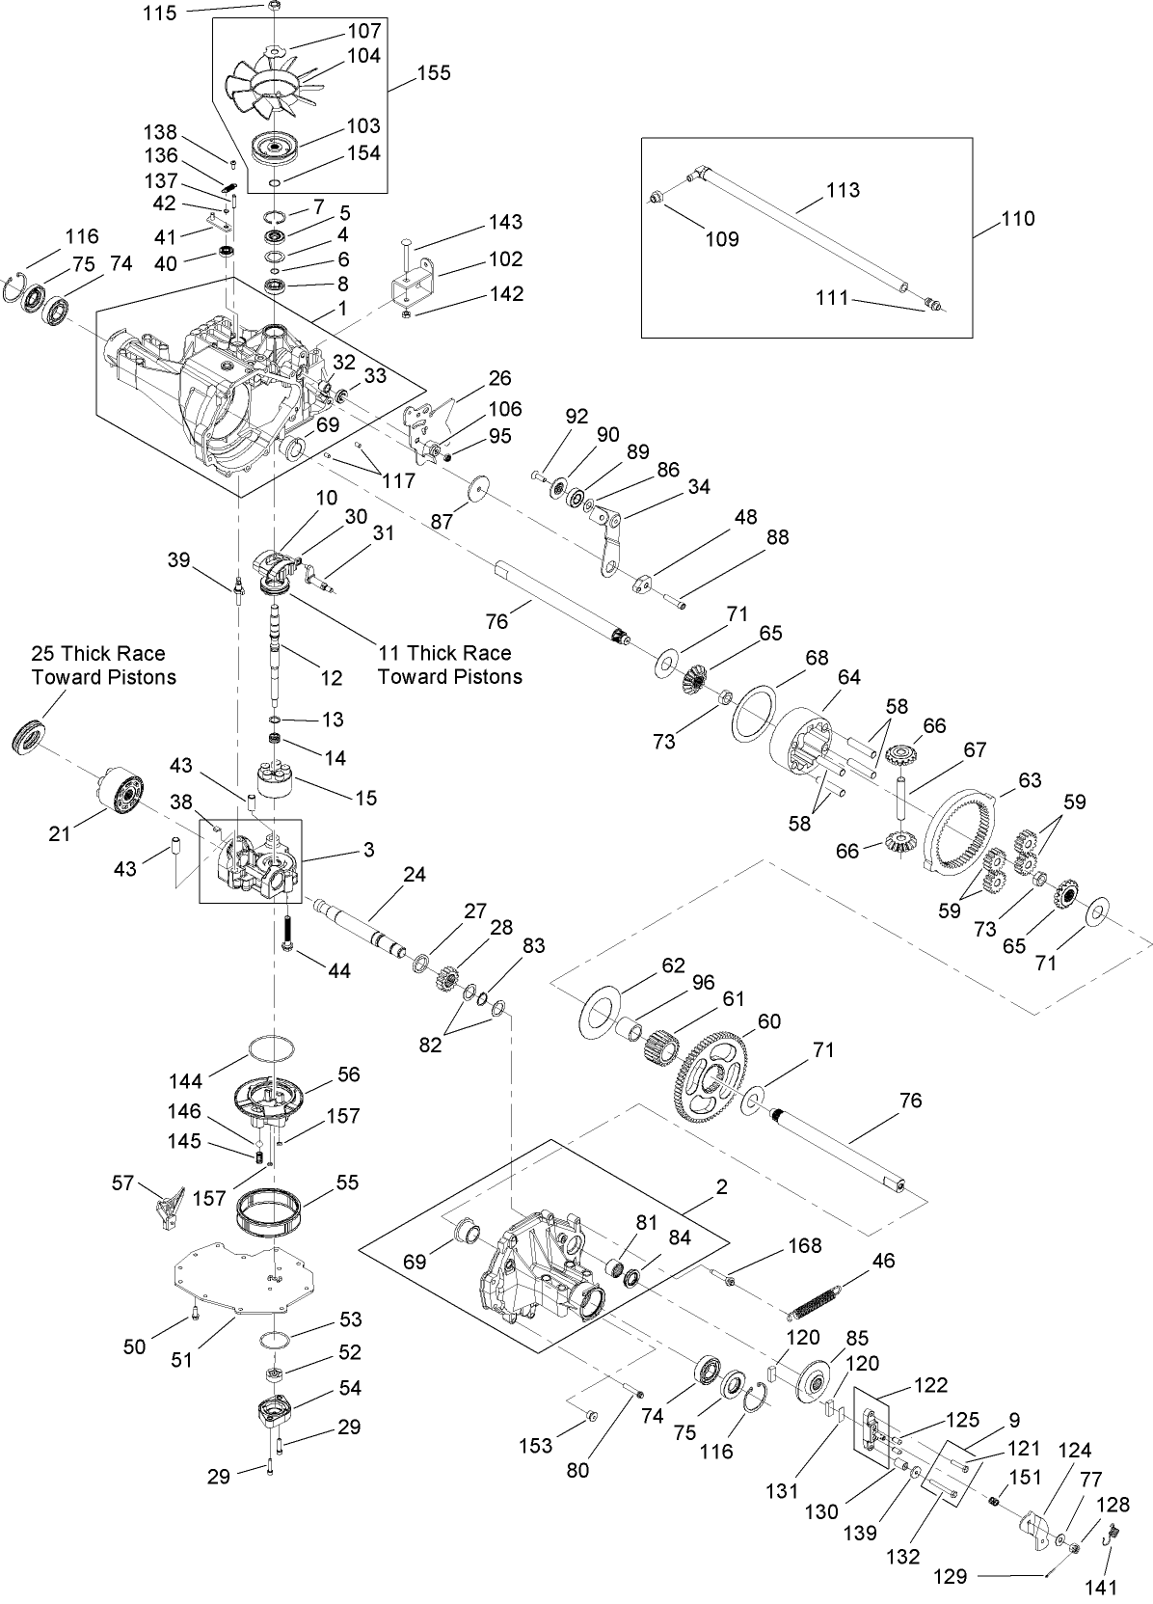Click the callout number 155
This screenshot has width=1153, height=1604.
tap(433, 73)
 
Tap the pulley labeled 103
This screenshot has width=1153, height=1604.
tap(276, 150)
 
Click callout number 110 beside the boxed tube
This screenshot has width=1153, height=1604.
tap(1017, 219)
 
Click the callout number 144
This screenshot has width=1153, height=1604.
tap(184, 1081)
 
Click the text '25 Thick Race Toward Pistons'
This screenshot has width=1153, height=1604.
tap(104, 666)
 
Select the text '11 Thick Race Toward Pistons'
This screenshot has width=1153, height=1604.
tap(449, 666)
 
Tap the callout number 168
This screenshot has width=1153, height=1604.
tap(804, 1245)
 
